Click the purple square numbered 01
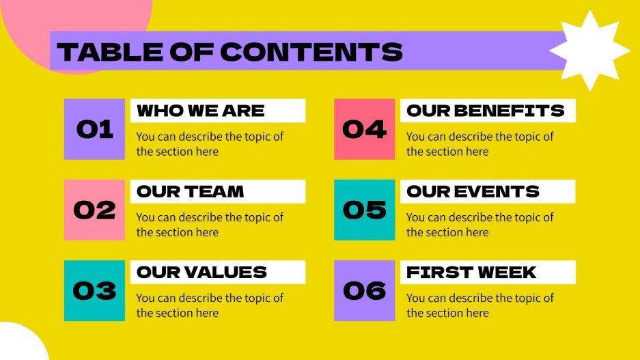click(94, 129)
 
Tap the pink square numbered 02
click(94, 210)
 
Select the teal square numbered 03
click(94, 290)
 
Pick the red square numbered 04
click(364, 129)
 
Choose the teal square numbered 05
click(364, 210)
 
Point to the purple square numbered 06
click(364, 290)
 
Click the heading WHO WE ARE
click(201, 111)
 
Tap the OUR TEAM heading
click(191, 191)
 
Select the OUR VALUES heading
click(201, 272)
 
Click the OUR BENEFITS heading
click(486, 111)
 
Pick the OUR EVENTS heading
click(473, 191)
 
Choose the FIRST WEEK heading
click(471, 272)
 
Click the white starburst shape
click(589, 51)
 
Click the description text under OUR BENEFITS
click(479, 143)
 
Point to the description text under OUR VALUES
click(209, 305)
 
